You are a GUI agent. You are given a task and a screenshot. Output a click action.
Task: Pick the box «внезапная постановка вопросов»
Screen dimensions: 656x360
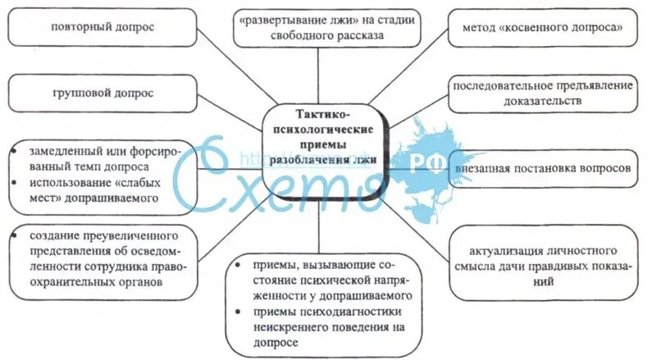tap(544, 168)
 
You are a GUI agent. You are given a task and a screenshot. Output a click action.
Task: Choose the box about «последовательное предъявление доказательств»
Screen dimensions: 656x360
tap(544, 93)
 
